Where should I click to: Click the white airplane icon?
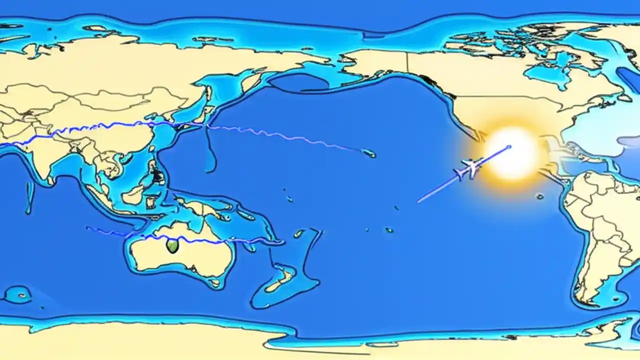(x=468, y=169)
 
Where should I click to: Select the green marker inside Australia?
(x=172, y=245)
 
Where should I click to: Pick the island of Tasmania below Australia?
(x=215, y=283)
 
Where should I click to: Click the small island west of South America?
(x=539, y=196)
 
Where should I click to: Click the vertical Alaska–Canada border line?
(x=407, y=63)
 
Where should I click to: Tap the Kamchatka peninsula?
(x=250, y=82)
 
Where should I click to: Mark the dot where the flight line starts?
(x=509, y=147)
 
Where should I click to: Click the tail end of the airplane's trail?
(x=418, y=202)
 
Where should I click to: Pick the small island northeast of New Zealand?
(x=298, y=233)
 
